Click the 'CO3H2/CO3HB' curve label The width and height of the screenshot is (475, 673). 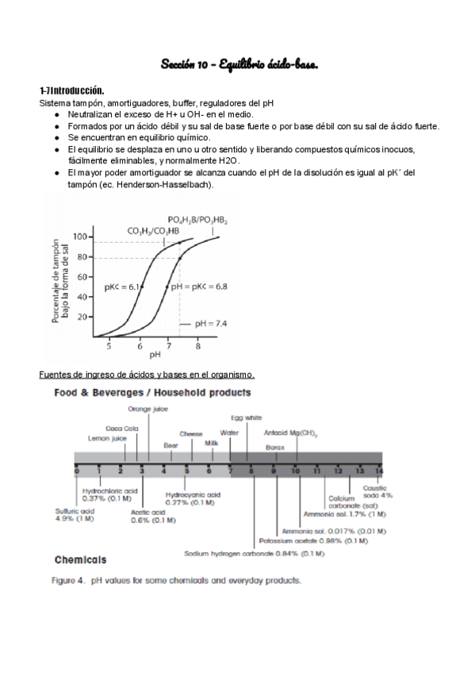coord(153,230)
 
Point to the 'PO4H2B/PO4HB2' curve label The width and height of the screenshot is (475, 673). coord(197,219)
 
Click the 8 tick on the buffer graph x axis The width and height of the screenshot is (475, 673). coord(198,346)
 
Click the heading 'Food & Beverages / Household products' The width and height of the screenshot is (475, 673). coord(152,392)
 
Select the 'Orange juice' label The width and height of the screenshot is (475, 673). coord(148,409)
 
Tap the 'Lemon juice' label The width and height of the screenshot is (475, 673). coord(107,437)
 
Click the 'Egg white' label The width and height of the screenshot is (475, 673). coord(246,417)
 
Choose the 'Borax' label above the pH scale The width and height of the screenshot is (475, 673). coord(274,447)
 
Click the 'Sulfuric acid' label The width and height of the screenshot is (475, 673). coord(75,514)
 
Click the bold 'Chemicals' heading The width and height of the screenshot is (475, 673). coord(80,559)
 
